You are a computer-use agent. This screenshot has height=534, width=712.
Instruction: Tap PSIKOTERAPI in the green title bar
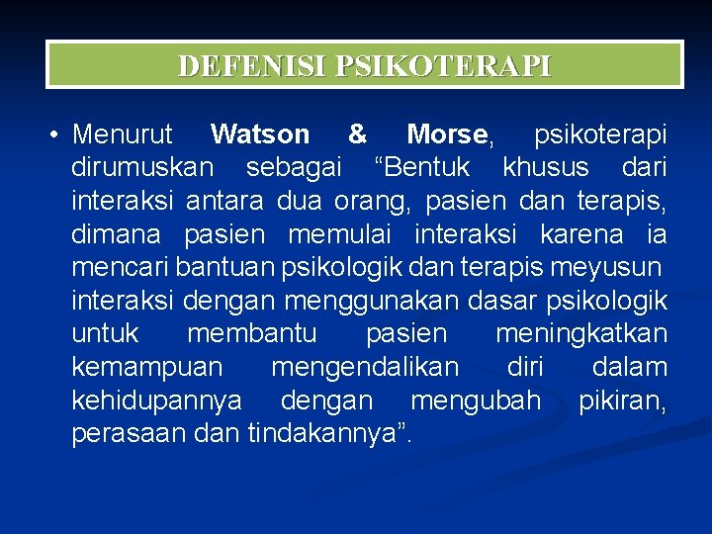[x=444, y=66]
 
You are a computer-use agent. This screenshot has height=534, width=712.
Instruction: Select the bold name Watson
[x=260, y=133]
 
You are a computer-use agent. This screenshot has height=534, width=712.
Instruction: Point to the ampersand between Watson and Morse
[x=358, y=133]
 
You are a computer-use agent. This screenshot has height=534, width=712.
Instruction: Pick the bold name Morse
[x=447, y=133]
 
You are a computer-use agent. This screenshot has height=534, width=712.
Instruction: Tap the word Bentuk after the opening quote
[x=427, y=167]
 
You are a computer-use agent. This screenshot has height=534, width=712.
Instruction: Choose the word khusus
[x=545, y=167]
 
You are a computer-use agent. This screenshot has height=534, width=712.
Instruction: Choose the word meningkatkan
[x=580, y=334]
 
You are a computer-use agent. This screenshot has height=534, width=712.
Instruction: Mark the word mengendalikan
[x=365, y=368]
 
